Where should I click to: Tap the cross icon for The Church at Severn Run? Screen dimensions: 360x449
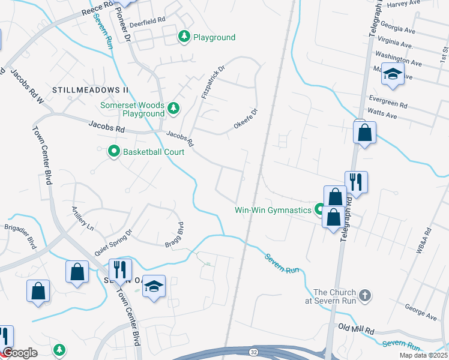click(x=365, y=295)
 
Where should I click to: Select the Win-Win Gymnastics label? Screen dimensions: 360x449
click(x=273, y=210)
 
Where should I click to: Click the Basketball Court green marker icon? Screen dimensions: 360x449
click(x=113, y=152)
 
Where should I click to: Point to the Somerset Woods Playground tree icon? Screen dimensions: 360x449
click(x=173, y=108)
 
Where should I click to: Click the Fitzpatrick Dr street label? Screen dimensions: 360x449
click(x=212, y=83)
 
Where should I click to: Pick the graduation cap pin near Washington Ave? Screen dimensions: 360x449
click(x=393, y=74)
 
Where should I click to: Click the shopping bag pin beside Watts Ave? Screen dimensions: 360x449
click(x=364, y=133)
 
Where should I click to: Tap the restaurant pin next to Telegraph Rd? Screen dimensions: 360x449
click(x=356, y=181)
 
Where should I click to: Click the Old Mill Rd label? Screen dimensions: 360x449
click(x=356, y=329)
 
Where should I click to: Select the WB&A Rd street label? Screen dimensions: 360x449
click(x=424, y=240)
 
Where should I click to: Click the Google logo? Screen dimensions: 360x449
click(x=20, y=353)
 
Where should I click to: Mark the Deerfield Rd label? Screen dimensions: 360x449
click(x=148, y=20)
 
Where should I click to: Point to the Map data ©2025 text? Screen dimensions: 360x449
click(x=423, y=355)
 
